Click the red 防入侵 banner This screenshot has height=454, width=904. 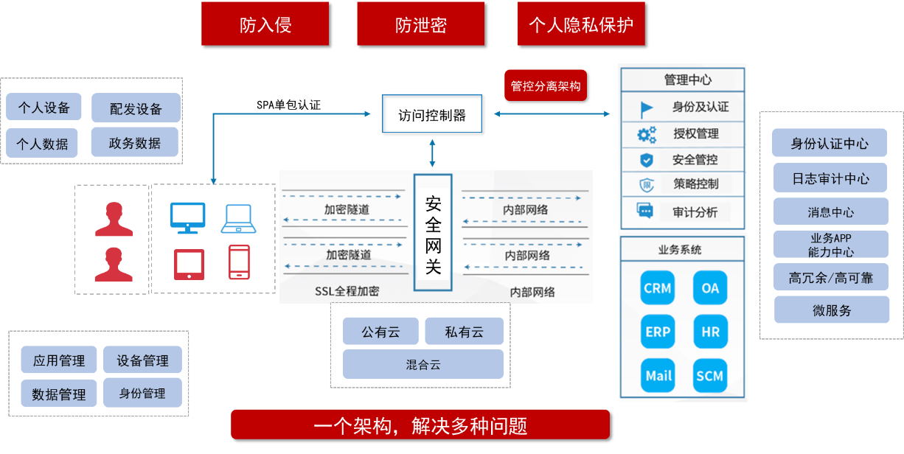(x=265, y=24)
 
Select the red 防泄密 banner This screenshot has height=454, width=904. (x=420, y=24)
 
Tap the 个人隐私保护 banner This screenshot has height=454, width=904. (x=581, y=24)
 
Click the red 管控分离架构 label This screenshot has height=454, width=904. (x=546, y=86)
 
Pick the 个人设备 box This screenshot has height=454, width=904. (x=44, y=108)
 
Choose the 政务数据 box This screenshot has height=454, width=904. (x=135, y=143)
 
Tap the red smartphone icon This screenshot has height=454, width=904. (x=238, y=262)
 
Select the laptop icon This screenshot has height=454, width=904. (x=238, y=218)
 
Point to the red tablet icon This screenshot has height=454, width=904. (x=189, y=264)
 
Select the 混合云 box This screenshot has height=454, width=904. (x=423, y=364)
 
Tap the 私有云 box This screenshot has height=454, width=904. (x=464, y=332)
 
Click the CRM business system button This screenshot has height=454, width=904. (x=658, y=288)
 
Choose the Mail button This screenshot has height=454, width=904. (x=658, y=375)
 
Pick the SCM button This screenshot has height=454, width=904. (x=710, y=375)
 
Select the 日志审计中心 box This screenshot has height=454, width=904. (x=830, y=178)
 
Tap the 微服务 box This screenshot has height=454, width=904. (x=831, y=310)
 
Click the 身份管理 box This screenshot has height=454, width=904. (x=142, y=393)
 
